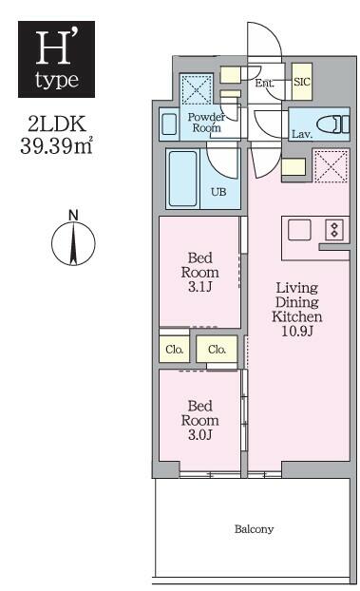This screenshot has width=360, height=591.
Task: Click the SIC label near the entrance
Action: [301, 83]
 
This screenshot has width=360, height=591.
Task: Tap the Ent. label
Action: [266, 84]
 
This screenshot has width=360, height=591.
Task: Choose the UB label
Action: [218, 190]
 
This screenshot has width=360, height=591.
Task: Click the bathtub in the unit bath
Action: [185, 178]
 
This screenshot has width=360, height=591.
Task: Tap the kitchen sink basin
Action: [299, 229]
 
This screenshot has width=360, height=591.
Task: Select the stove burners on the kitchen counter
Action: [333, 229]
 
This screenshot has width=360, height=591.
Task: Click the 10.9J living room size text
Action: [297, 332]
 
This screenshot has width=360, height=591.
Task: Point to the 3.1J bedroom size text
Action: [199, 285]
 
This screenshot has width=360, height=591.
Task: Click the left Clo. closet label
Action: [175, 349]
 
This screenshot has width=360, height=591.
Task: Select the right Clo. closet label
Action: [217, 349]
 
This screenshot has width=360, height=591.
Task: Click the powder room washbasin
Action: [169, 124]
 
